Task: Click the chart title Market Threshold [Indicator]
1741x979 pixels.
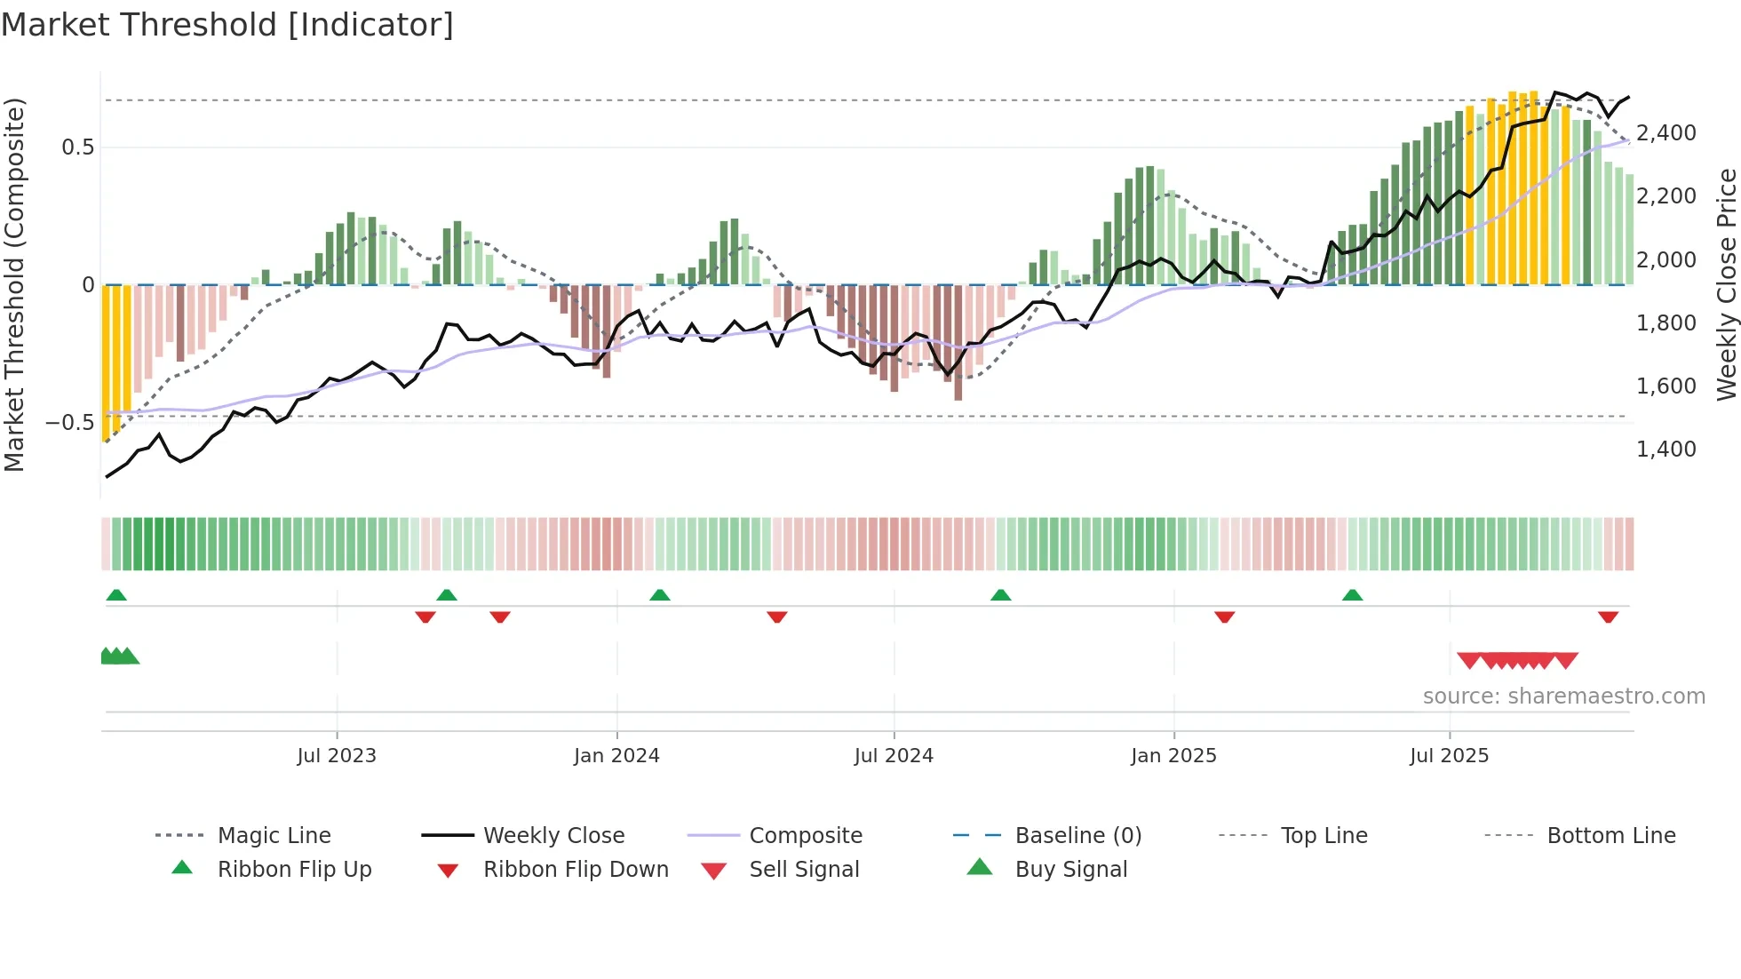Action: [x=227, y=25]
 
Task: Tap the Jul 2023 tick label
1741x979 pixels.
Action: [x=337, y=756]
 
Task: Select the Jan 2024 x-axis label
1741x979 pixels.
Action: [x=616, y=756]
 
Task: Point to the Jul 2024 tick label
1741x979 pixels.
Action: [x=894, y=756]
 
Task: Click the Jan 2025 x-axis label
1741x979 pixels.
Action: [x=1173, y=756]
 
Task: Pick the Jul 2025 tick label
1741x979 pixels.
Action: [x=1449, y=756]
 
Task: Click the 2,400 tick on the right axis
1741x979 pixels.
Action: [x=1665, y=133]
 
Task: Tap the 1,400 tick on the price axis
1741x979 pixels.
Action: [x=1665, y=450]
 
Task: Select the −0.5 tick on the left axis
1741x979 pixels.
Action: [x=69, y=423]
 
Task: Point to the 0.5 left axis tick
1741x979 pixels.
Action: [x=77, y=147]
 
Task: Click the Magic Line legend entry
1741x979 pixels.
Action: [x=274, y=836]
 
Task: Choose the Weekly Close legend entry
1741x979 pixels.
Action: [x=553, y=836]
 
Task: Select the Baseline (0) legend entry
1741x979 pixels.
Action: [x=1077, y=836]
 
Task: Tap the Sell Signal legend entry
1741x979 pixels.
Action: [x=803, y=870]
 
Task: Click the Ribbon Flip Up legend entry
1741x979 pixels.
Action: [x=294, y=870]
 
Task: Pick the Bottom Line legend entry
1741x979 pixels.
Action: [x=1610, y=836]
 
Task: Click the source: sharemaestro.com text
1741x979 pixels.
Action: [x=1563, y=696]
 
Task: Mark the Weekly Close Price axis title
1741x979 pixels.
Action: [x=1726, y=284]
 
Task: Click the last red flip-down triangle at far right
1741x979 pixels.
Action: [x=1608, y=617]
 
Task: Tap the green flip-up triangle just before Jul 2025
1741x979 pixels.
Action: [x=1352, y=595]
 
